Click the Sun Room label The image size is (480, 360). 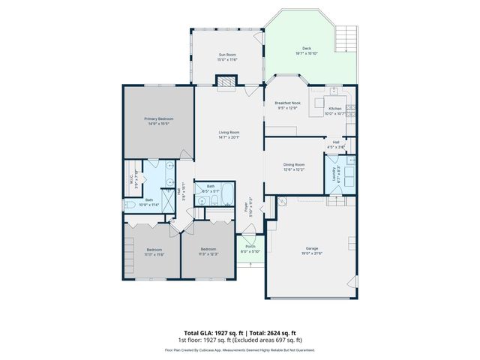(228, 55)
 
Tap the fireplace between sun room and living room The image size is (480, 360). (226, 85)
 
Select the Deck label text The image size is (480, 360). (307, 49)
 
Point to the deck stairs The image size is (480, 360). (346, 35)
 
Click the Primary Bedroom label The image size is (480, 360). (158, 118)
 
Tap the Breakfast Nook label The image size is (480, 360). (288, 103)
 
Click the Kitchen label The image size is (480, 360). (335, 109)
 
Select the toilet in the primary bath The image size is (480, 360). (130, 204)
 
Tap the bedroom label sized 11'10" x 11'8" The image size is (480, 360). (154, 250)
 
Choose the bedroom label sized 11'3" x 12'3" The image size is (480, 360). (208, 249)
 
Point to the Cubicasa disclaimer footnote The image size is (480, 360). (240, 349)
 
